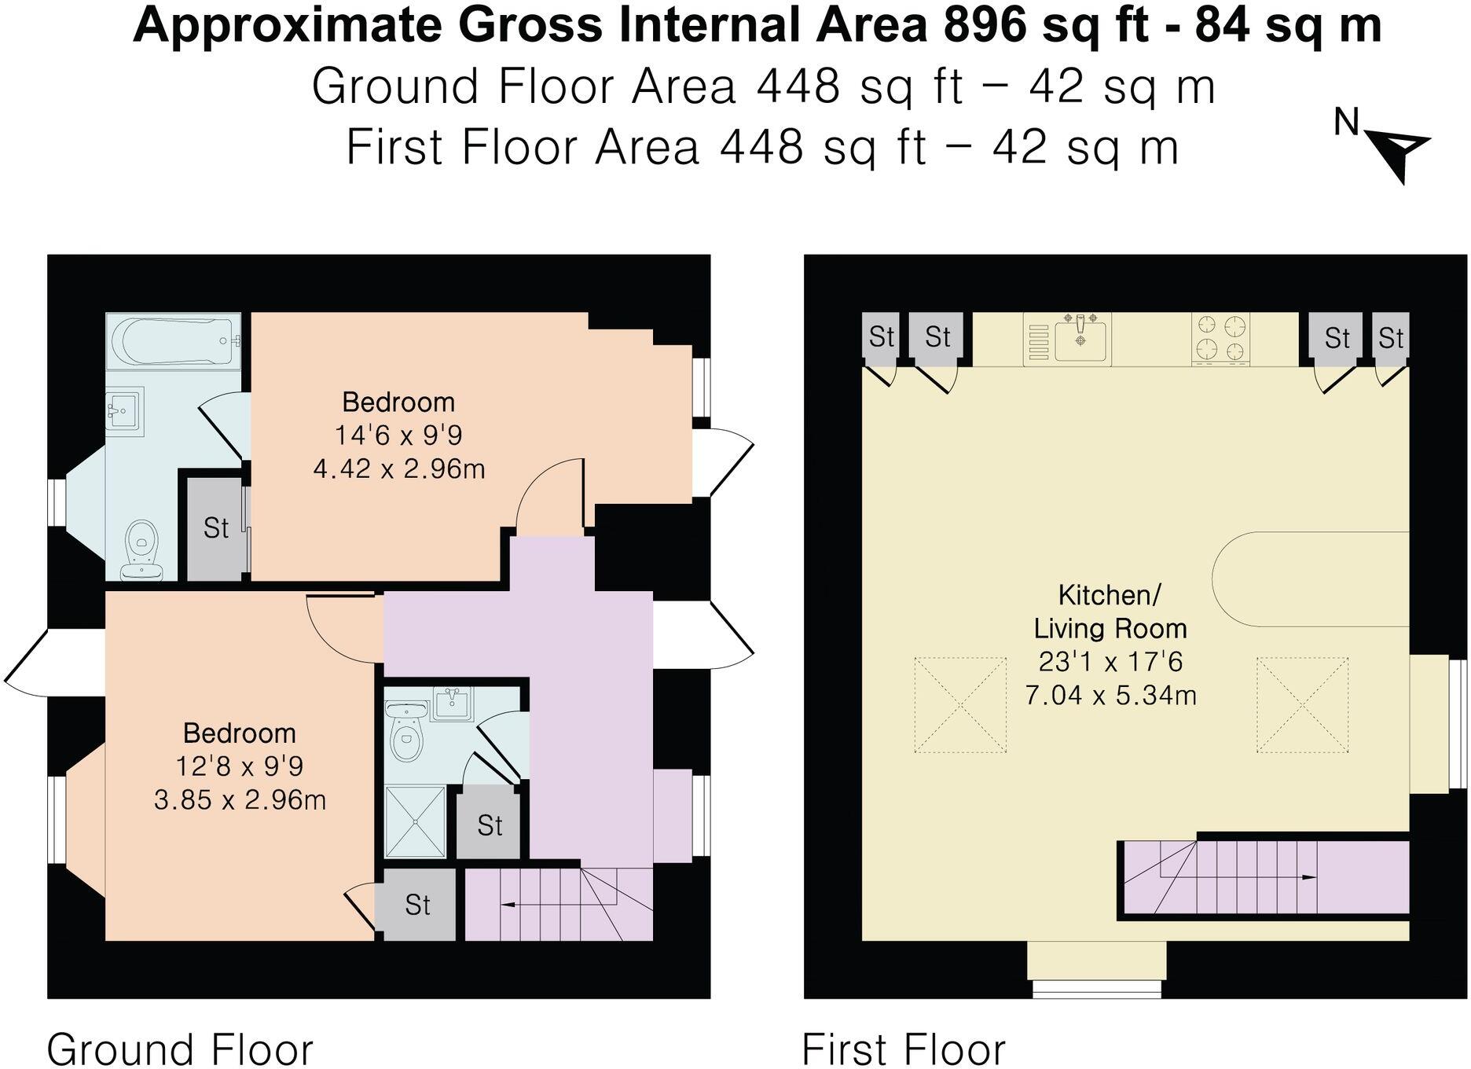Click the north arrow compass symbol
point(1399,154)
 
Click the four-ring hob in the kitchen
point(1220,339)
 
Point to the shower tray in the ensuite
point(415,821)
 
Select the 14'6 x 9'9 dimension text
point(398,435)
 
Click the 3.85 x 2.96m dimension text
point(240,800)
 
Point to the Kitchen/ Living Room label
point(1110,612)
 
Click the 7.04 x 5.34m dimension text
point(1110,696)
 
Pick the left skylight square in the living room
point(959,705)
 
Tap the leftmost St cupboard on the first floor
point(880,338)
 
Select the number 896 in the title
point(985,25)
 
